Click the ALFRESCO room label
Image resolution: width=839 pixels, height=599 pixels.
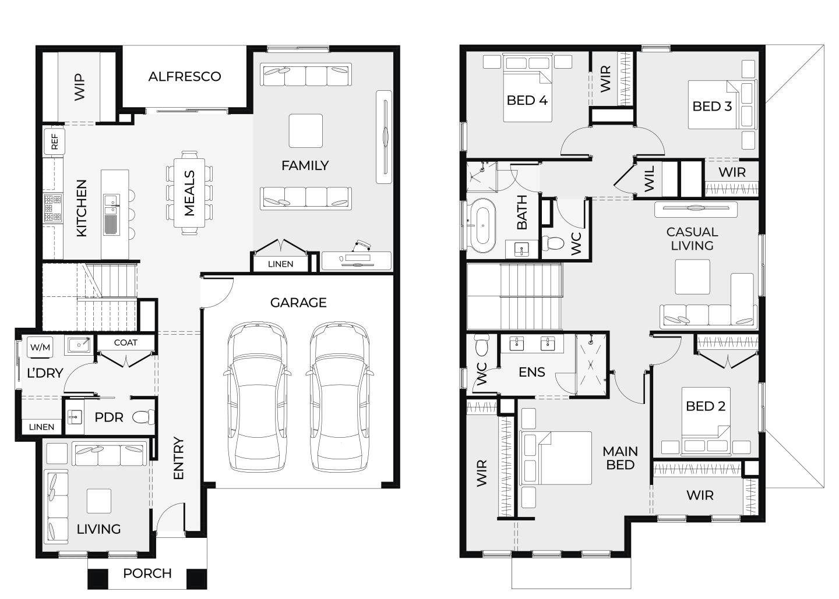(x=185, y=77)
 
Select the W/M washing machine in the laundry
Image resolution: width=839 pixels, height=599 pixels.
(x=40, y=347)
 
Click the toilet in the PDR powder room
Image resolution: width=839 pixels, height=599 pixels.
(x=143, y=417)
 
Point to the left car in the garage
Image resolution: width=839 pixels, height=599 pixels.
(x=258, y=396)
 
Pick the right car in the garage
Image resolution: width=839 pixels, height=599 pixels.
(x=339, y=396)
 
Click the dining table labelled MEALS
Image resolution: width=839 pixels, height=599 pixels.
(x=189, y=193)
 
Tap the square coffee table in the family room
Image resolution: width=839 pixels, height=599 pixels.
(x=306, y=130)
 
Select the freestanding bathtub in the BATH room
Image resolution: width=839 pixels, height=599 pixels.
(x=483, y=226)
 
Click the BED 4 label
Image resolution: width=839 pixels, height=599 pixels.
(x=527, y=100)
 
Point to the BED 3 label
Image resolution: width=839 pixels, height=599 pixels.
(x=712, y=107)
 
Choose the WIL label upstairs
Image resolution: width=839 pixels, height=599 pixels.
(x=649, y=179)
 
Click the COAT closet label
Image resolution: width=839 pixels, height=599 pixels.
(x=125, y=343)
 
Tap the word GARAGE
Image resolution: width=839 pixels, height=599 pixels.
(x=298, y=302)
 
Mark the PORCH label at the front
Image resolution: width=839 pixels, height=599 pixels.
(x=147, y=573)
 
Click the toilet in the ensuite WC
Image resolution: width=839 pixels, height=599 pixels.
(x=482, y=345)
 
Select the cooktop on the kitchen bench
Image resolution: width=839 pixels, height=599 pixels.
(x=53, y=208)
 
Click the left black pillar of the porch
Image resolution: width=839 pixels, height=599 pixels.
(x=98, y=579)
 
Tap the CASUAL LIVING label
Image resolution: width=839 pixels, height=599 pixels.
(x=692, y=239)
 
